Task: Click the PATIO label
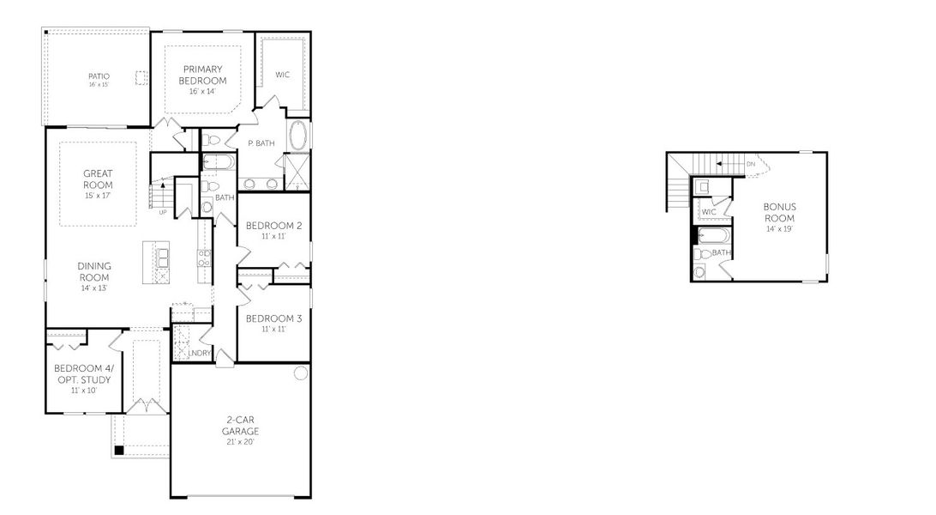coord(99,76)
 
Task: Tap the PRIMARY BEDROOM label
coord(202,74)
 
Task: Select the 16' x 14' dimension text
coord(202,91)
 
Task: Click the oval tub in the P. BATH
coord(299,136)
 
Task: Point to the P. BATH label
coord(261,143)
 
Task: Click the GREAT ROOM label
coord(98,179)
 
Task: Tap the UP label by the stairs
coord(162,211)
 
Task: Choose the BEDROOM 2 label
coord(273,226)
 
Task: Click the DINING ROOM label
coord(96,271)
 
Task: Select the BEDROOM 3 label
coord(273,318)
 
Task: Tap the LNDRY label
coord(200,353)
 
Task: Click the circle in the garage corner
coord(300,373)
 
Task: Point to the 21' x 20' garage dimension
coord(240,442)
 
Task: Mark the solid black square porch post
coord(120,449)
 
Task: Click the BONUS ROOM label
coord(780,212)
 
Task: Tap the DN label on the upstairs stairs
coord(751,163)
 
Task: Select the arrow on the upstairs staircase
coord(721,162)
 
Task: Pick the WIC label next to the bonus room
coord(709,212)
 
